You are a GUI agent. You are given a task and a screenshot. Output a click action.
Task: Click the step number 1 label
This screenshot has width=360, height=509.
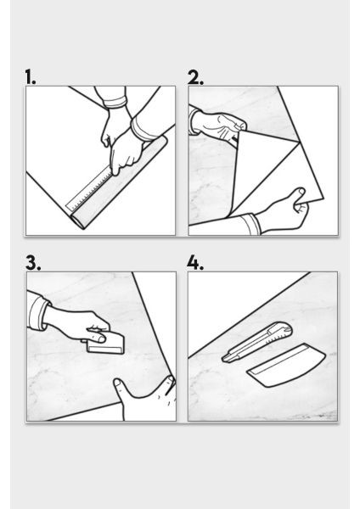[31, 77]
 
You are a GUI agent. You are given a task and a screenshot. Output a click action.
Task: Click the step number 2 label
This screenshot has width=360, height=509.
[195, 77]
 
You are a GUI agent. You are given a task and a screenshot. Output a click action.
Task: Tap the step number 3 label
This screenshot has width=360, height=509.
[33, 263]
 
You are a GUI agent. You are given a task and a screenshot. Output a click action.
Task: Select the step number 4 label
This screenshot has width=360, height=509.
[195, 263]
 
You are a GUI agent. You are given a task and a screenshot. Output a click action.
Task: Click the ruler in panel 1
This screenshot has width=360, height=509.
[92, 190]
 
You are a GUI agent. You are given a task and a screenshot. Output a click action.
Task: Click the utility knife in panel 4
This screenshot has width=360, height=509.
[256, 343]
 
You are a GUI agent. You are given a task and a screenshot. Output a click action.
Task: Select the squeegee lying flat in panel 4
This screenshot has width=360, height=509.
[286, 365]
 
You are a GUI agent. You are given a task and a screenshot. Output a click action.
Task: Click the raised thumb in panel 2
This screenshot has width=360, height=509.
[298, 197]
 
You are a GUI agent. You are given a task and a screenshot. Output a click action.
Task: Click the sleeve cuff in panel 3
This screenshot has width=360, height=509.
[38, 311]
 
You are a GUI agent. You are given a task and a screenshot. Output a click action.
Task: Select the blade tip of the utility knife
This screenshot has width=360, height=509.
[223, 360]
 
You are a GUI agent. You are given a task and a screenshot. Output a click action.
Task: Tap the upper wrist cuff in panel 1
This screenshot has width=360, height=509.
[115, 103]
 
